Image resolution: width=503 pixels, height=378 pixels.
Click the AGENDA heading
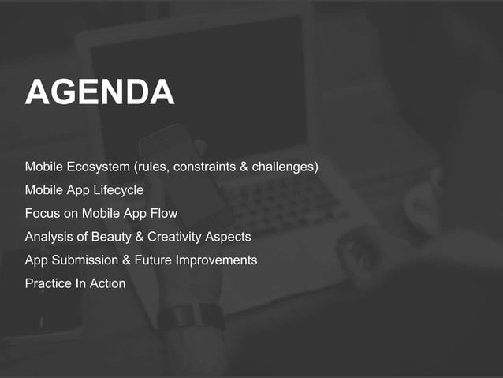99,93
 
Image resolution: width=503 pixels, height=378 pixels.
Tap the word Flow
163,214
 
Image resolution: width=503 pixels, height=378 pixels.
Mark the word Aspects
228,237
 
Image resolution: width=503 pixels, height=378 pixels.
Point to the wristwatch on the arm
190,317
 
